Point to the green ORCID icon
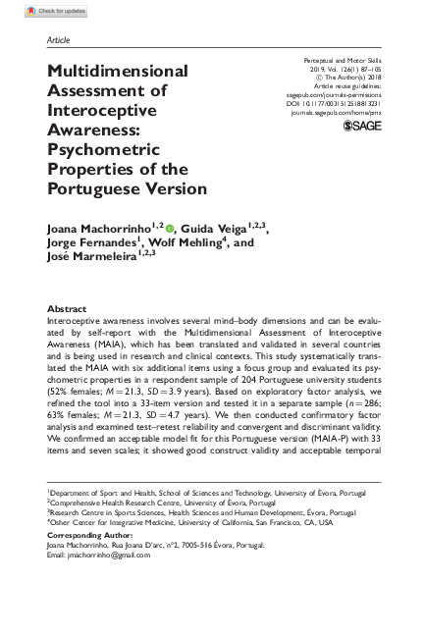tap(171, 228)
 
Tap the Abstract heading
tap(68, 307)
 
